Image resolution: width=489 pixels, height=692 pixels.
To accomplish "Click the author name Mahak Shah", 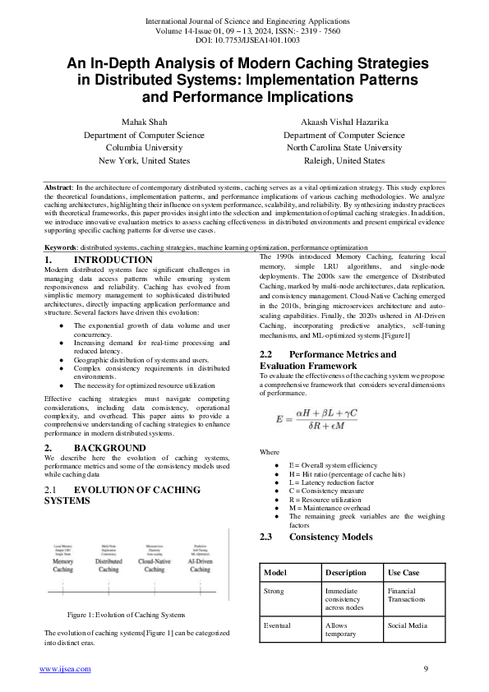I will pos(144,122).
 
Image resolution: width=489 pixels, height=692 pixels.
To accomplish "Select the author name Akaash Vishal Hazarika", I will pos(344,122).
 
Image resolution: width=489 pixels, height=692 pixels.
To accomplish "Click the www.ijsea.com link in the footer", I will pos(66,669).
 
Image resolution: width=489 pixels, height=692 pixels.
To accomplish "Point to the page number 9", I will pos(426,669).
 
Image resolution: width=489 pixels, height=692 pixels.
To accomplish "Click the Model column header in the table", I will pos(276,572).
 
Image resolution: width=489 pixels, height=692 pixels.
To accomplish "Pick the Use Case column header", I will pos(404,572).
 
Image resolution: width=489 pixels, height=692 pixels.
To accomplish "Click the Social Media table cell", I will pos(406,625).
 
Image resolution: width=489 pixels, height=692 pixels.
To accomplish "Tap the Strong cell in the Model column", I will pos(274,590).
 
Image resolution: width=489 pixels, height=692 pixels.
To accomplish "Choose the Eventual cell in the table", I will pos(277,625).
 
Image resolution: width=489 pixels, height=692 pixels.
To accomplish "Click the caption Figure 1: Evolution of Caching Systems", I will pos(126,615).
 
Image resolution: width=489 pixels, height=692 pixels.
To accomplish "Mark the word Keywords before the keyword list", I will pos(61,247).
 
